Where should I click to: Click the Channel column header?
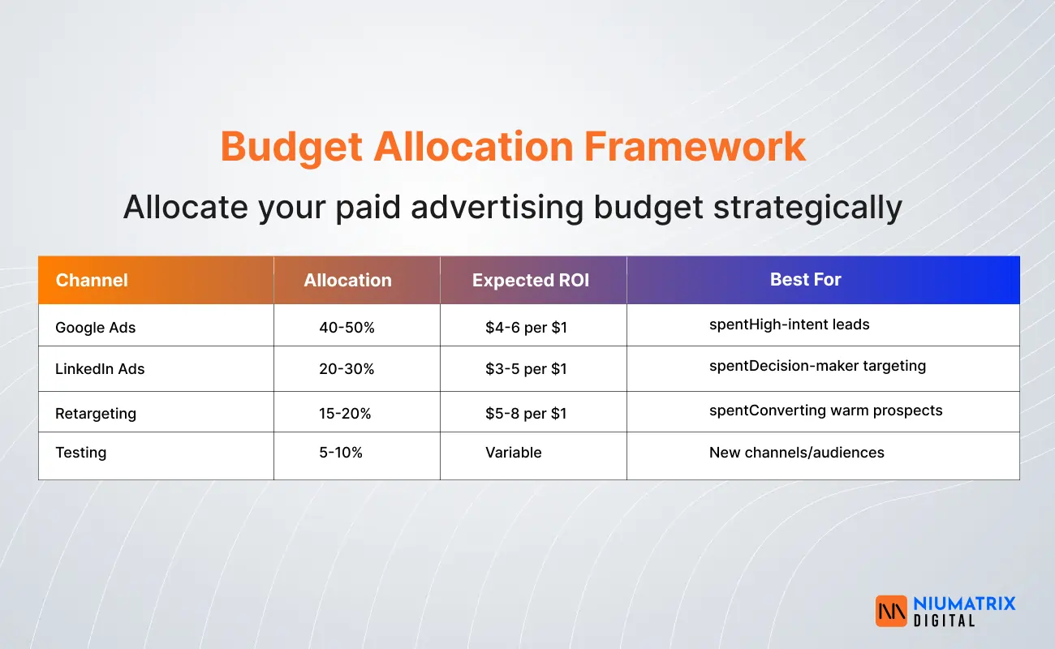[92, 281]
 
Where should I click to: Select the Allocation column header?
[347, 281]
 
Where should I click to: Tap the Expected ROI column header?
[531, 281]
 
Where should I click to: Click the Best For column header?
[805, 280]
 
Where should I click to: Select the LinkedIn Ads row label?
[100, 369]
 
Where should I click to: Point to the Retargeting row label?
[96, 414]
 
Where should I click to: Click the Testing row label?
[80, 453]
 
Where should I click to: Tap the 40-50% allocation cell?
[347, 328]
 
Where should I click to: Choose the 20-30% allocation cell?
[347, 369]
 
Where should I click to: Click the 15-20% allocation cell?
[345, 414]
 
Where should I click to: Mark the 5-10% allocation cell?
[341, 453]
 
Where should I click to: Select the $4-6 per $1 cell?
[526, 328]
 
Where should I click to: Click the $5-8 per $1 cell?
[526, 414]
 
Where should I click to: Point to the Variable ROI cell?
[513, 453]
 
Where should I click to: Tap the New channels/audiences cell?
[796, 453]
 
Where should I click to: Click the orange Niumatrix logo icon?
[890, 611]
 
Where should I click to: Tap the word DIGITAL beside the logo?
[943, 621]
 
